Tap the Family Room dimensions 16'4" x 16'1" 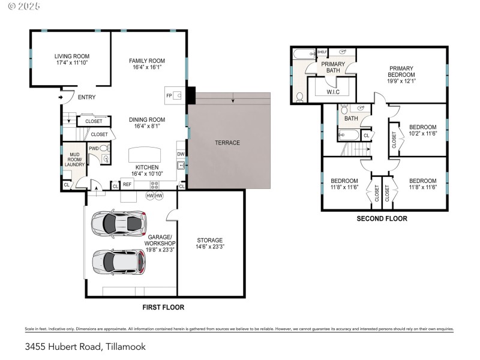click(x=147, y=68)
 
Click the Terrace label click(x=227, y=143)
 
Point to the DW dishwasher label click(x=181, y=154)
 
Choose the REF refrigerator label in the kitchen click(x=127, y=185)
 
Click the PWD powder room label click(x=94, y=148)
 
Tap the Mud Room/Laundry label click(x=75, y=160)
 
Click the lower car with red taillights click(x=118, y=261)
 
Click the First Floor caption click(x=163, y=307)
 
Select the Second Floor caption click(x=382, y=219)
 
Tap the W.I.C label click(x=334, y=92)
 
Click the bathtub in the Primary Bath click(x=301, y=55)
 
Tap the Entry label click(x=86, y=97)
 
